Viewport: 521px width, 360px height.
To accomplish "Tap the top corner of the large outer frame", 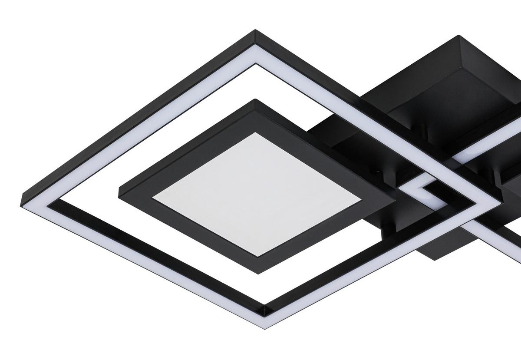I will pos(255,31).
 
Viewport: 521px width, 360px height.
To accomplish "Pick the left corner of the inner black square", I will pos(119,188).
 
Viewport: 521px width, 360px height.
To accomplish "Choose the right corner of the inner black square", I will pos(394,201).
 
